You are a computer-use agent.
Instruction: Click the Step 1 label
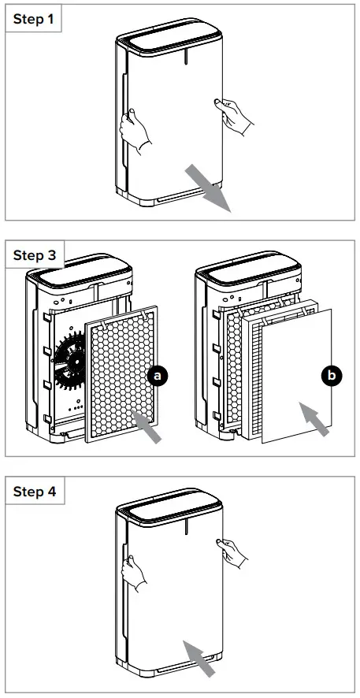pos(34,20)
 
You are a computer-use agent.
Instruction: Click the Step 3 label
pos(34,255)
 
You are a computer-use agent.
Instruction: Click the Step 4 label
pos(34,492)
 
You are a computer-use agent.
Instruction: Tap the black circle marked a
pos(158,377)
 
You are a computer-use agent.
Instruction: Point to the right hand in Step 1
pos(236,114)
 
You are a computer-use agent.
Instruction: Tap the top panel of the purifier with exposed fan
pos(76,273)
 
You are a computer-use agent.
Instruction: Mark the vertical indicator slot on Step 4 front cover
pos(184,530)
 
